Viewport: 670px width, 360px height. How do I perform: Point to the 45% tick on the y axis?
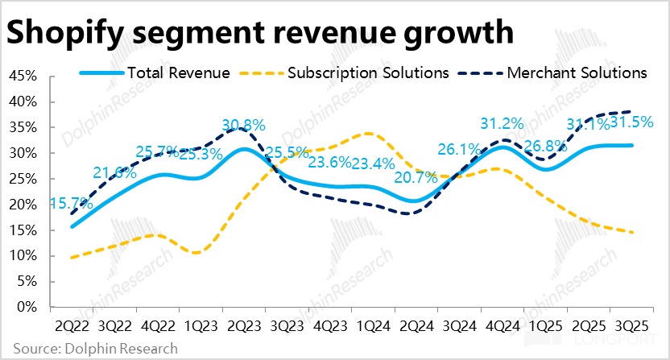point(22,77)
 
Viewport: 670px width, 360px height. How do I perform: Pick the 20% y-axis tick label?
point(22,205)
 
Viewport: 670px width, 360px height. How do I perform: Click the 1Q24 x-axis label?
point(373,328)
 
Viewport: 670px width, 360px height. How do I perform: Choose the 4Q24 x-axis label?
point(502,328)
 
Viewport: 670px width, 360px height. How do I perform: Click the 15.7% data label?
point(71,204)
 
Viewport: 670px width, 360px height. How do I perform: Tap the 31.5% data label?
point(631,123)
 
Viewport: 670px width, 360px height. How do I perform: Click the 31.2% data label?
point(502,124)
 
